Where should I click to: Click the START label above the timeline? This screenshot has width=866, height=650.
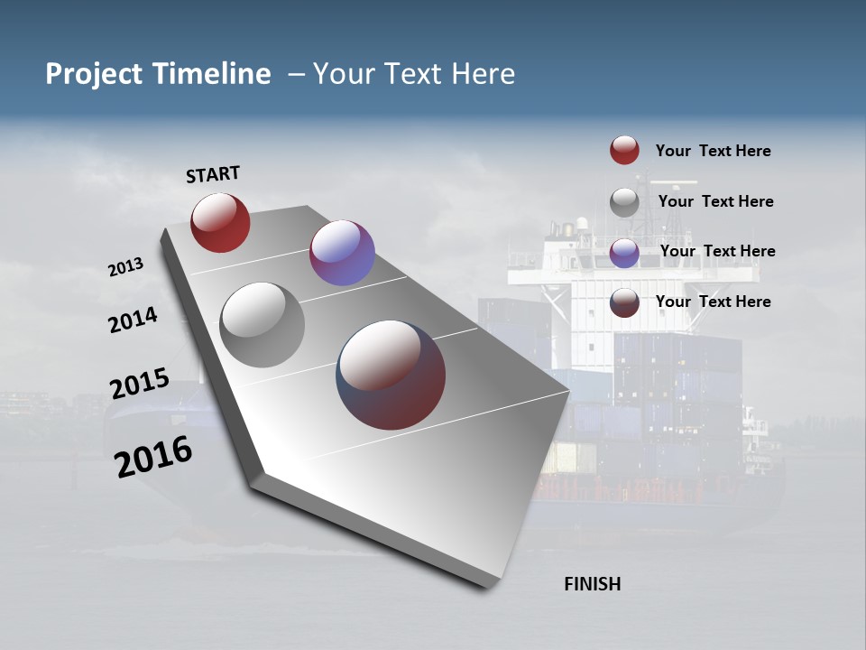[213, 174]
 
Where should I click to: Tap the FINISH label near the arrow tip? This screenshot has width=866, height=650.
[593, 584]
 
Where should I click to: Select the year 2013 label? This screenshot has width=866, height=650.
[125, 267]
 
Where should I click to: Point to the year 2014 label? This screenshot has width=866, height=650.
[133, 320]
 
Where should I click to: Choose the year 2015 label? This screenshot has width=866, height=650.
[139, 384]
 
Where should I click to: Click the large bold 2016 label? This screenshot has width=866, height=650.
[153, 457]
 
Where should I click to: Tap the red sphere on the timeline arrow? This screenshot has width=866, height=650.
[220, 222]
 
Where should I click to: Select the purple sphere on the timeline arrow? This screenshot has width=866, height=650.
[342, 253]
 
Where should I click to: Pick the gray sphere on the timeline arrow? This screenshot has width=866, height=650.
[263, 325]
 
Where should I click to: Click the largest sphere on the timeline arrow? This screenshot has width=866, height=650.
[391, 375]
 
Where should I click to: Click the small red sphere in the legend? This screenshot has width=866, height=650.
[624, 151]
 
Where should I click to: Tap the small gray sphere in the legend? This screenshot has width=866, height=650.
[624, 201]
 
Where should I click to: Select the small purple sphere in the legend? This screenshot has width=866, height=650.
[624, 252]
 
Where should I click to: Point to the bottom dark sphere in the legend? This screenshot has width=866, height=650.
[624, 302]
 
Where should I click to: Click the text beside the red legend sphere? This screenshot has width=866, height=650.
[713, 151]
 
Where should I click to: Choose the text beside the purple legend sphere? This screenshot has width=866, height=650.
[717, 251]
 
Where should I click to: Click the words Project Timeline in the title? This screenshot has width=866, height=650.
[158, 74]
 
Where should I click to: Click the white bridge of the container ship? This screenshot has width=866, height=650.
[577, 262]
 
